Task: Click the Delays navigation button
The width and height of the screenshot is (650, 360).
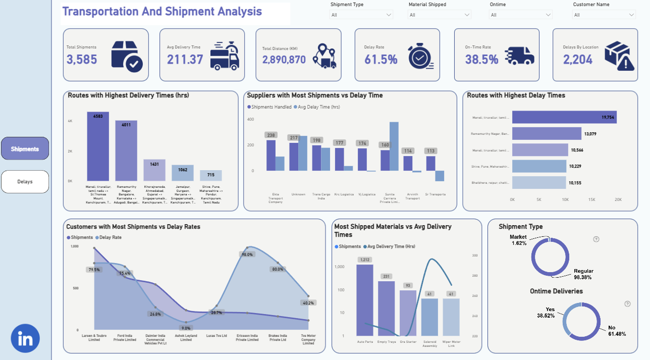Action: [x=25, y=182]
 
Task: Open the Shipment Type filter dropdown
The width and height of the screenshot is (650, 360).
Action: [x=361, y=15]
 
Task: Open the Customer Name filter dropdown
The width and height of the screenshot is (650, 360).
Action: [x=604, y=15]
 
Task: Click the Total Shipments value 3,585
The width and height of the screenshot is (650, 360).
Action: [x=82, y=59]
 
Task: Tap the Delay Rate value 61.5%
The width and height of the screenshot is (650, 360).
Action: [x=381, y=59]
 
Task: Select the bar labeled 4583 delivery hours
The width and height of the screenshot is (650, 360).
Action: [x=97, y=146]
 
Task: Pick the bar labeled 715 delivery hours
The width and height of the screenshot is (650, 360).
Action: [x=210, y=175]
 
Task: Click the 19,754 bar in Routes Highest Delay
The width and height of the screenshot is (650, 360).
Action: [x=564, y=117]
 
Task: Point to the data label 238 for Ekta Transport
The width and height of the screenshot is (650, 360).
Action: [x=272, y=135]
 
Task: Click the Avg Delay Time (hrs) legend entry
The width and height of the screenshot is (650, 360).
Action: [x=317, y=107]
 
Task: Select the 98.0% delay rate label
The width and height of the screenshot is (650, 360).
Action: [x=247, y=255]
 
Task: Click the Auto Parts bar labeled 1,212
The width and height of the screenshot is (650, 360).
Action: [x=365, y=300]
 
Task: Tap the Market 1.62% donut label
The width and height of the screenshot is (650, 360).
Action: [x=518, y=240]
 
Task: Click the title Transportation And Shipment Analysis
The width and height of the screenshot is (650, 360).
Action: [x=162, y=11]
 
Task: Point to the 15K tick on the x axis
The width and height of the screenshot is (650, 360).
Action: [x=591, y=199]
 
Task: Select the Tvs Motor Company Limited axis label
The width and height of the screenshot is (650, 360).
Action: [x=308, y=339]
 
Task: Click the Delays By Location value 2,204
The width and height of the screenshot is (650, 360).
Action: [x=578, y=59]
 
